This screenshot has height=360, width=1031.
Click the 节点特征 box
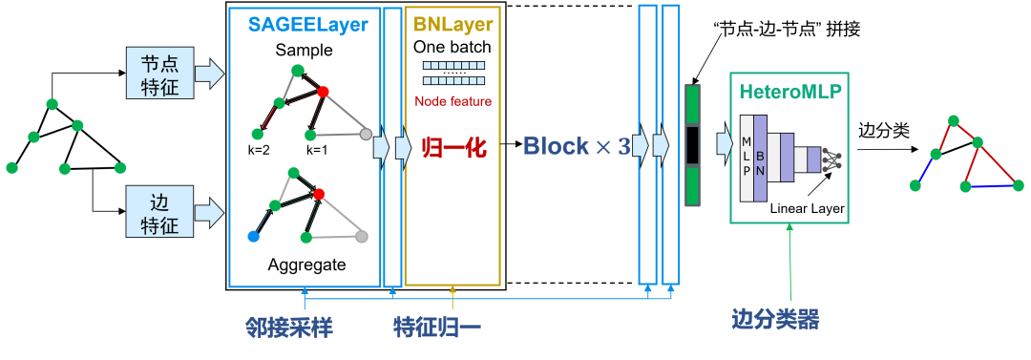[x=160, y=74]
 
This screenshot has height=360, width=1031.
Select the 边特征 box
[x=160, y=211]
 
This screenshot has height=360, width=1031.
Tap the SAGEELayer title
[x=307, y=25]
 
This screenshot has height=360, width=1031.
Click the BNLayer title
[x=453, y=25]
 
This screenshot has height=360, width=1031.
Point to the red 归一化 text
[x=453, y=147]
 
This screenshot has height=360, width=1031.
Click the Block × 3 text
[x=577, y=147]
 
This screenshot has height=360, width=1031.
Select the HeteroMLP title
[x=789, y=92]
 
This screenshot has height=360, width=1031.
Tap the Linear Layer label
[x=808, y=209]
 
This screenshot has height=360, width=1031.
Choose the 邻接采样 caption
[x=289, y=327]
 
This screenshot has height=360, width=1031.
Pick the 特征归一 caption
[x=437, y=327]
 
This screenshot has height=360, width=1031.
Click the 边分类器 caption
[x=775, y=320]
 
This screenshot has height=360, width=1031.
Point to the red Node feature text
[x=453, y=102]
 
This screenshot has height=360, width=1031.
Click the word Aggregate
[x=306, y=265]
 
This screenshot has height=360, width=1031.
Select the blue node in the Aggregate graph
[x=254, y=236]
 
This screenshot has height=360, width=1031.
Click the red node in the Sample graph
[x=323, y=92]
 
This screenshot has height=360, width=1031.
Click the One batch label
[x=452, y=48]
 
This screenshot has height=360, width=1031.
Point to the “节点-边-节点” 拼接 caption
[x=786, y=30]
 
